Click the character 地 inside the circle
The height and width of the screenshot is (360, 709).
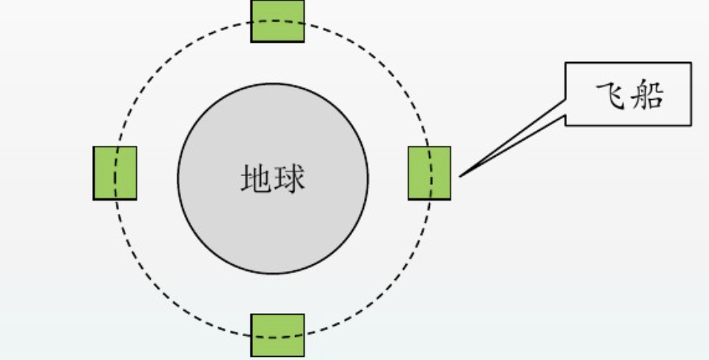pos(256,179)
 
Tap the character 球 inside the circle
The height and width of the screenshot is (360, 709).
pos(289,179)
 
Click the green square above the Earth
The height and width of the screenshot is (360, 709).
pos(277,20)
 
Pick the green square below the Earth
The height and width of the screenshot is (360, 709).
pos(277,335)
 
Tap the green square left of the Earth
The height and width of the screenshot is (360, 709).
pos(115,172)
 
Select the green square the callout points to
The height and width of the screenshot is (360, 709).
pos(430,172)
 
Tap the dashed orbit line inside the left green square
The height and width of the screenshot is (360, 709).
pos(116,172)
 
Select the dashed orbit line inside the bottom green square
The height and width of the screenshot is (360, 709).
pos(277,337)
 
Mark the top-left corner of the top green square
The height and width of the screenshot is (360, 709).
pos(251,0)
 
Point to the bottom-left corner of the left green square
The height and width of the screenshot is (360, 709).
pos(94,198)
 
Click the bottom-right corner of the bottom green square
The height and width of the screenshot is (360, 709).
pos(304,357)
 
